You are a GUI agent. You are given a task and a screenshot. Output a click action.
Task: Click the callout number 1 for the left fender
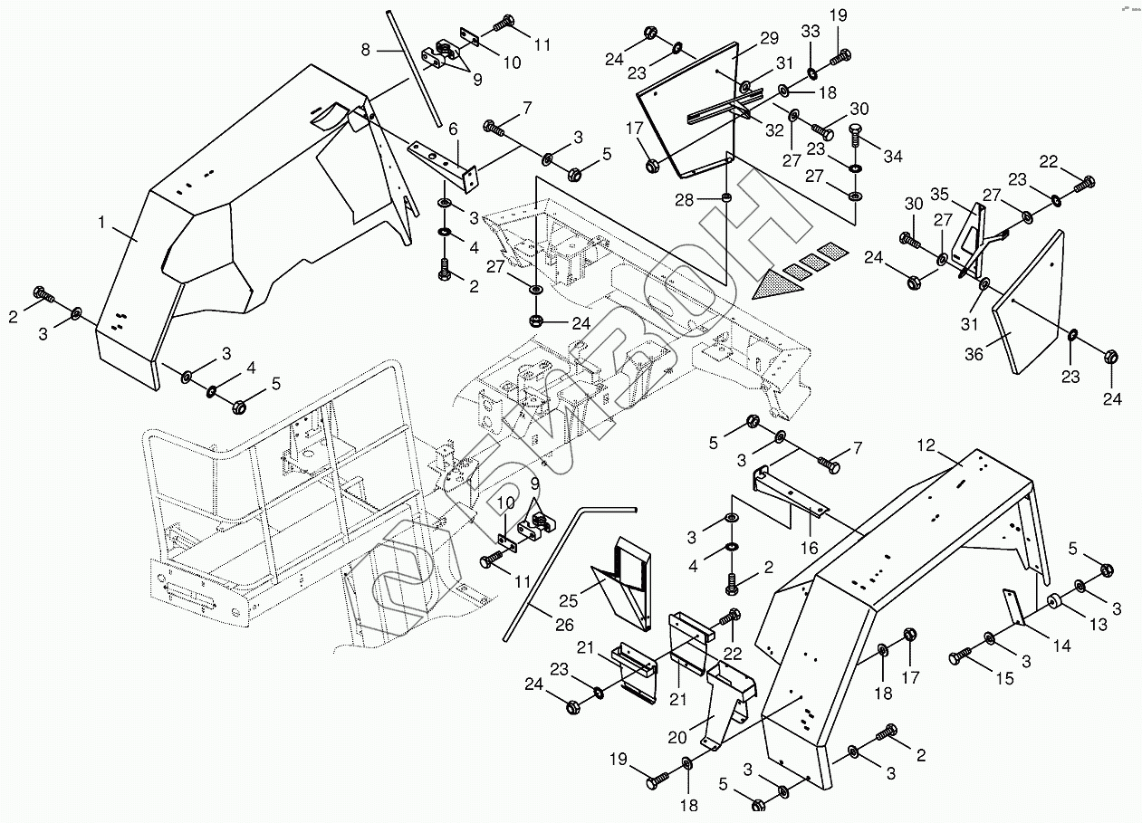[x=101, y=222]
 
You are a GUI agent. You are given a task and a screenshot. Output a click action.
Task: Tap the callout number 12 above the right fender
[x=926, y=445]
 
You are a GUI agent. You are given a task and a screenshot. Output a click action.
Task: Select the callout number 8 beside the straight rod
[x=366, y=50]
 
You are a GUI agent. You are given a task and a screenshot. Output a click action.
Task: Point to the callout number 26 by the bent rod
[x=564, y=625]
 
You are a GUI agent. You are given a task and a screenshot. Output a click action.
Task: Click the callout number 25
[x=569, y=601]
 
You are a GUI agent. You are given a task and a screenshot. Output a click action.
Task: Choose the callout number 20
[x=677, y=737]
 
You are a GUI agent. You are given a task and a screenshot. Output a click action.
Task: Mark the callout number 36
[x=974, y=354]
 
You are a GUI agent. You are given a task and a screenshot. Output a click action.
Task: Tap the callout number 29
[x=769, y=38]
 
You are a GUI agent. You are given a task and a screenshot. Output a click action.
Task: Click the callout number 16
[x=810, y=548]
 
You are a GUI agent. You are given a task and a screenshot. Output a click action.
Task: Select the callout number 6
[x=453, y=129]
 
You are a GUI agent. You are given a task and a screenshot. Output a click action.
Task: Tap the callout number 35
[x=940, y=194]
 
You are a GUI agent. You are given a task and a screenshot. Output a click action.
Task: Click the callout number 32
[x=774, y=130]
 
